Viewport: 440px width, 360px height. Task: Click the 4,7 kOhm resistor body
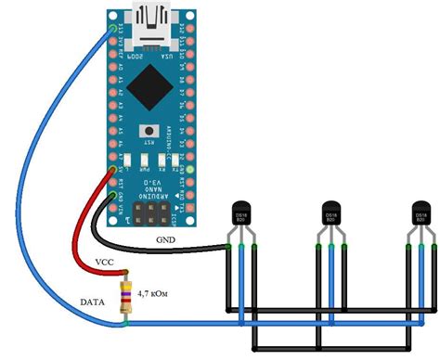click(x=124, y=298)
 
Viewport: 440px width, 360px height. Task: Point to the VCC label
click(x=104, y=263)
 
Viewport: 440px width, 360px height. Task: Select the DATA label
click(x=93, y=302)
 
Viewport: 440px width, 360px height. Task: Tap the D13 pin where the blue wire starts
click(x=113, y=31)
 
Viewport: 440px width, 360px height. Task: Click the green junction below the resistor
click(x=124, y=323)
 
